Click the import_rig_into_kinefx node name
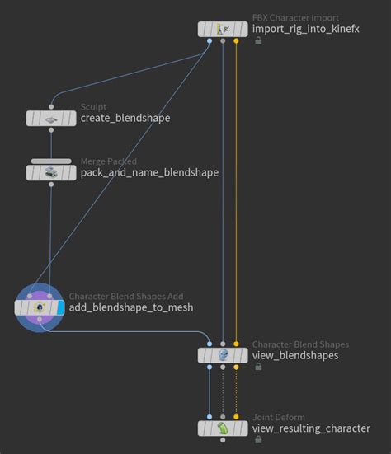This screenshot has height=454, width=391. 306,29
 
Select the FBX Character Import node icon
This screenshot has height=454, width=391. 223,29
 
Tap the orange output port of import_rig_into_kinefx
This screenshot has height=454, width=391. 236,41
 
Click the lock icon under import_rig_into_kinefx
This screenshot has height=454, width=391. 258,41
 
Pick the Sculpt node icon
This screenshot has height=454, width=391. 51,119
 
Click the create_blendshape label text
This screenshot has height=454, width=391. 125,118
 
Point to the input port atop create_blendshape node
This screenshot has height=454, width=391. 51,107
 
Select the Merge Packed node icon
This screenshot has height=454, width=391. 51,172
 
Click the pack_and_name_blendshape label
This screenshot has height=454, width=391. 149,172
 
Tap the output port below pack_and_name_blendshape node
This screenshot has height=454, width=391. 51,185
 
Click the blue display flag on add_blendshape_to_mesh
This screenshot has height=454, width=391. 60,307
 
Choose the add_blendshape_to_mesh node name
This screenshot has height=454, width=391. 131,307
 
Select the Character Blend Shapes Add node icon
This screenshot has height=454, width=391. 40,307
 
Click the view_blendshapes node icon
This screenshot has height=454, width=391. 223,355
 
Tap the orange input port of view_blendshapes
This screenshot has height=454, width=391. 236,344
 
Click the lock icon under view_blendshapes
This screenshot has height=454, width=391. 258,367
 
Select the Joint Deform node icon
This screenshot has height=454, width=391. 223,428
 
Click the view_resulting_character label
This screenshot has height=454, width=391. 311,428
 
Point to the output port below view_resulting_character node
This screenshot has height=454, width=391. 223,440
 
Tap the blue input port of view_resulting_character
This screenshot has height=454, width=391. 210,417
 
